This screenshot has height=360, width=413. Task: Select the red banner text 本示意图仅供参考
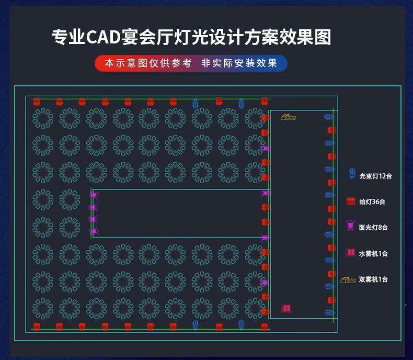pyautogui.click(x=148, y=64)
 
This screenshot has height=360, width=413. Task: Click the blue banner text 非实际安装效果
pyautogui.click(x=239, y=64)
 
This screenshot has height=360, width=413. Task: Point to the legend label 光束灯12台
pyautogui.click(x=375, y=176)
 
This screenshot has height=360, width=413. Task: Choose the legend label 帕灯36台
pyautogui.click(x=372, y=202)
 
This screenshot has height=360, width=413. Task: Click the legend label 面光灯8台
pyautogui.click(x=373, y=228)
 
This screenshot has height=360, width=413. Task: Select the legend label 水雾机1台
pyautogui.click(x=373, y=254)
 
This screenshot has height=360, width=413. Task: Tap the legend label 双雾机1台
pyautogui.click(x=373, y=279)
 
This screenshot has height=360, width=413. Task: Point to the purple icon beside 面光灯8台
pyautogui.click(x=350, y=227)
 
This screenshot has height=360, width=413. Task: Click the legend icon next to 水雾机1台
pyautogui.click(x=350, y=253)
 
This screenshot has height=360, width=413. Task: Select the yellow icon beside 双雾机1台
pyautogui.click(x=348, y=279)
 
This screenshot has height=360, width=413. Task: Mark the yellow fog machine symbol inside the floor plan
pyautogui.click(x=288, y=117)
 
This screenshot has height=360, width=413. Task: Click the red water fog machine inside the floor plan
pyautogui.click(x=285, y=309)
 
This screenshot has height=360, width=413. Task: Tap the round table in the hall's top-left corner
pyautogui.click(x=43, y=118)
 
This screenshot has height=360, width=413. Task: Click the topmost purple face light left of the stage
pyautogui.click(x=94, y=195)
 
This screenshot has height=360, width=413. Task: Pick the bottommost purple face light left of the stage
pyautogui.click(x=94, y=231)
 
